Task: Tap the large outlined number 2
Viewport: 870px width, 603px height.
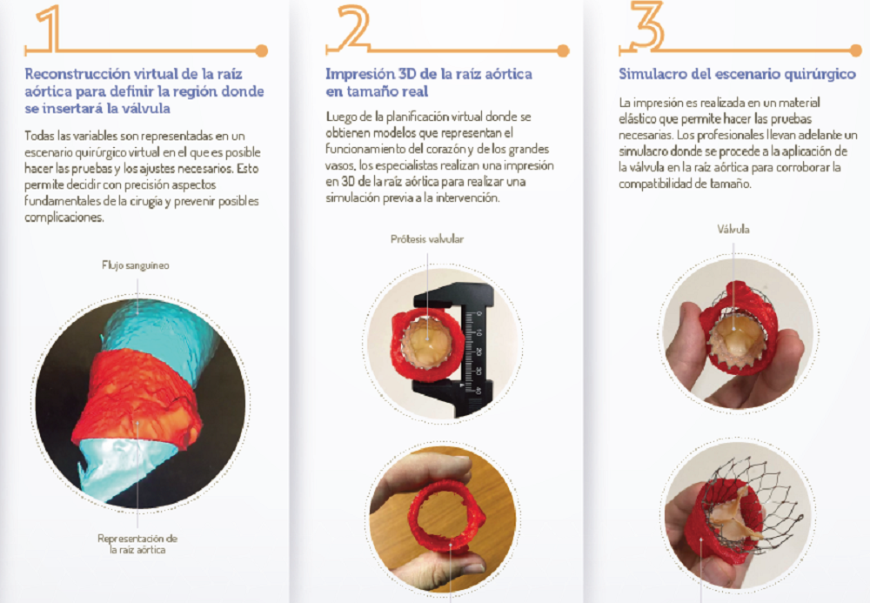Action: click(x=353, y=27)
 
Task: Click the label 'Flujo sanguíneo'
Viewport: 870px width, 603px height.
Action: click(x=136, y=265)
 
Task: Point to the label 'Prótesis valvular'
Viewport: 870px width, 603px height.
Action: click(x=426, y=239)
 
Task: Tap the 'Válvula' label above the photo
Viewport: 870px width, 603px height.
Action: click(x=733, y=229)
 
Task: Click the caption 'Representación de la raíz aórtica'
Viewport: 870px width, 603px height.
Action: click(x=137, y=544)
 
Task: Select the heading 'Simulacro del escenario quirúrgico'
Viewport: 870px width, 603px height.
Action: click(x=738, y=74)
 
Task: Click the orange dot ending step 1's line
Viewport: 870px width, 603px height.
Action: click(x=261, y=51)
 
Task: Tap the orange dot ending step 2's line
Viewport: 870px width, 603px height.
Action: click(x=563, y=51)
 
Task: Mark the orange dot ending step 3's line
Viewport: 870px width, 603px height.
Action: click(x=855, y=51)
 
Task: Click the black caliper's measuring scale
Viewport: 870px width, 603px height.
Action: click(x=475, y=352)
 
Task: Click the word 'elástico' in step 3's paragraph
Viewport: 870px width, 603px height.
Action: click(x=638, y=118)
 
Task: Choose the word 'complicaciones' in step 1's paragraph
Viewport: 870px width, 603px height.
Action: click(x=64, y=218)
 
